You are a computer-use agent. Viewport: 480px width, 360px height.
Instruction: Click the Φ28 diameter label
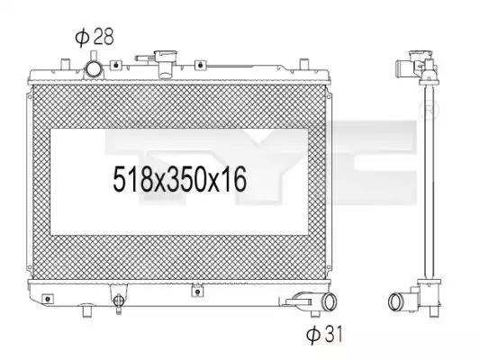(x=95, y=37)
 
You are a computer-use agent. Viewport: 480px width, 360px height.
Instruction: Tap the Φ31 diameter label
(x=324, y=334)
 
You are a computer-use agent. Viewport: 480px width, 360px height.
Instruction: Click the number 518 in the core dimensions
(x=132, y=179)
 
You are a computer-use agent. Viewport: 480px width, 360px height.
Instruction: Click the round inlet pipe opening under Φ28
(x=93, y=69)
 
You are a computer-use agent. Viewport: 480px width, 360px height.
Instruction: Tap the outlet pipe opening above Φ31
(x=330, y=301)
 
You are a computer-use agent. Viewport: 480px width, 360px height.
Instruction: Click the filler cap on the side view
(x=420, y=56)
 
